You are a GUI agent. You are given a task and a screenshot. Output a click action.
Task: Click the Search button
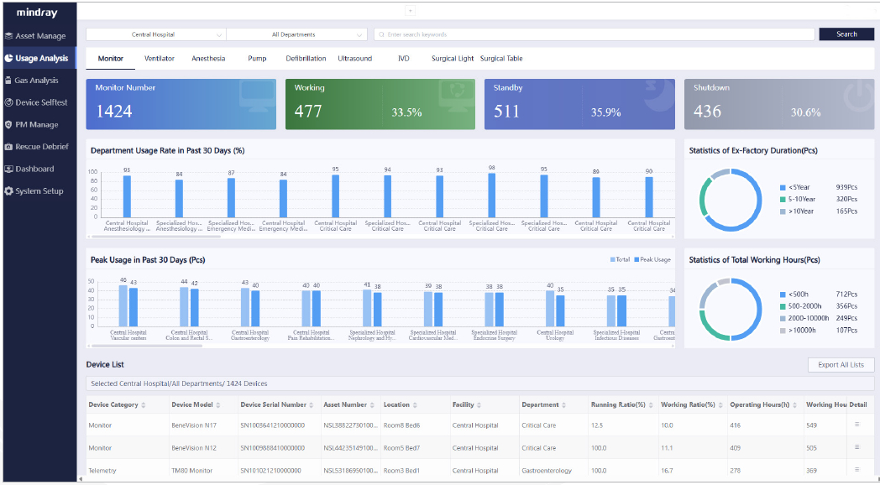point(846,34)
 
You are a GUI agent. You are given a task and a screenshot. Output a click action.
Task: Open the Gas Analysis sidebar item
point(37,81)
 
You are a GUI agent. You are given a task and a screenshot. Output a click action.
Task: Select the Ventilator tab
point(160,59)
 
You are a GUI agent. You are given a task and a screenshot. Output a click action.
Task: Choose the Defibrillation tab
point(306,59)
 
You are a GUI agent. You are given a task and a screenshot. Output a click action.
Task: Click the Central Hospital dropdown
point(155,34)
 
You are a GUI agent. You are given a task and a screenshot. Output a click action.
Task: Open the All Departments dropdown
point(296,34)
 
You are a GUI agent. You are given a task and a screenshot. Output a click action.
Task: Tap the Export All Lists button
point(841,365)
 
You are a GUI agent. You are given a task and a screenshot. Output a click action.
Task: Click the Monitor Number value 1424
point(113,112)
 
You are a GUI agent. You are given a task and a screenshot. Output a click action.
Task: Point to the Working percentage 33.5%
point(406,112)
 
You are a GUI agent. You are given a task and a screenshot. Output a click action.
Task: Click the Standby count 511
point(506,112)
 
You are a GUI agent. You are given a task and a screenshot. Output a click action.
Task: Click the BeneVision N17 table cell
point(194,425)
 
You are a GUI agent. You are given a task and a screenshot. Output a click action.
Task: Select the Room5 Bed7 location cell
point(401,448)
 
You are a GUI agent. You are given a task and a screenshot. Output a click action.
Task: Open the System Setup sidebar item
point(39,191)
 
